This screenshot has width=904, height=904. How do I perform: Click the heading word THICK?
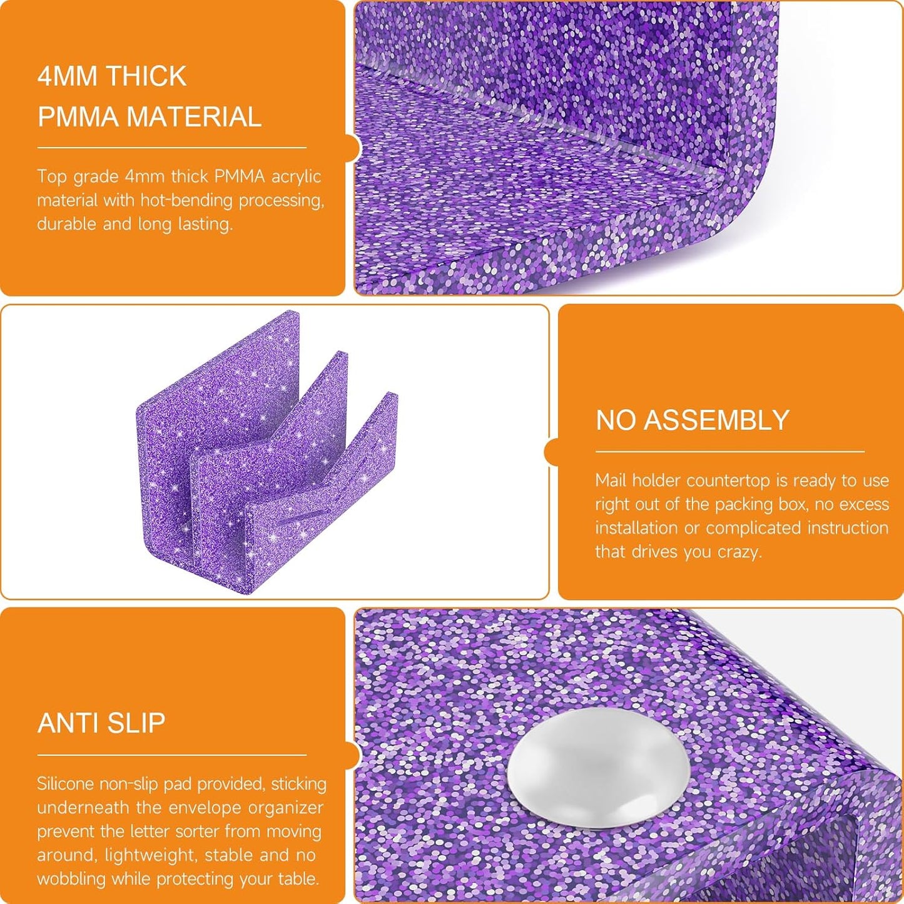point(150,76)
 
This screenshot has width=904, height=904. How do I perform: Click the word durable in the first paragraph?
point(66,224)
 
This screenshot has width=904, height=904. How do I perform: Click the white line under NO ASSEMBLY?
point(730,452)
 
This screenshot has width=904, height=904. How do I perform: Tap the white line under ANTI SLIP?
point(171,755)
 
